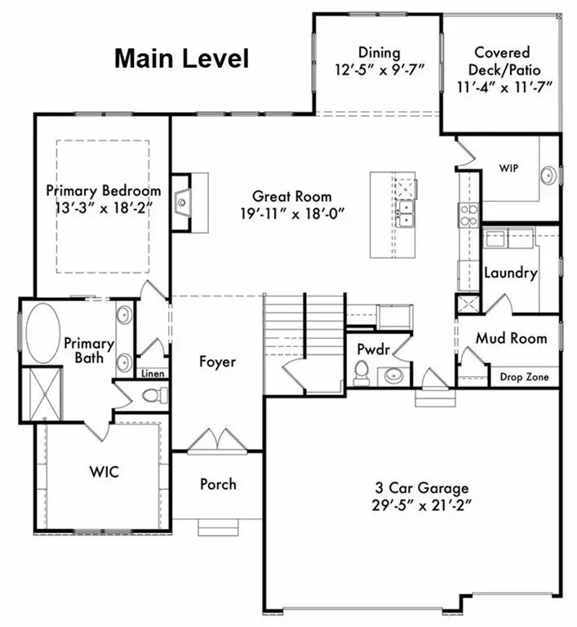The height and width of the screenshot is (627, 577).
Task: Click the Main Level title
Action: coord(181,59)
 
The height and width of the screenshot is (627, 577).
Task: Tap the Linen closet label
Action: coord(153,374)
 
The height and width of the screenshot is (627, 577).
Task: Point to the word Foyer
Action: coord(217,362)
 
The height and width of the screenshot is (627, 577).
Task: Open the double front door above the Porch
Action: coord(216,441)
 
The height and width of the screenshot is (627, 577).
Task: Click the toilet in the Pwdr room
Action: coord(361,375)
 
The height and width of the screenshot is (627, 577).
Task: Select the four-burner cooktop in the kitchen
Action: coord(469,214)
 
